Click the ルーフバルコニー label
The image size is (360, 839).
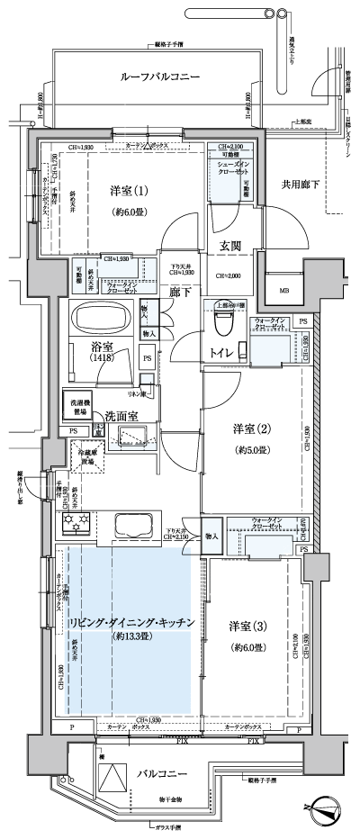[159, 78]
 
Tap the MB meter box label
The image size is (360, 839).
[283, 291]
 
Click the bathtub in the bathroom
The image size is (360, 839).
[102, 318]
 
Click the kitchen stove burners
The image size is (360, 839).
[72, 521]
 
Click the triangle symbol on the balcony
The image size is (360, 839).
[113, 780]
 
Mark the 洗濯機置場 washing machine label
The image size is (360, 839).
[76, 405]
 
